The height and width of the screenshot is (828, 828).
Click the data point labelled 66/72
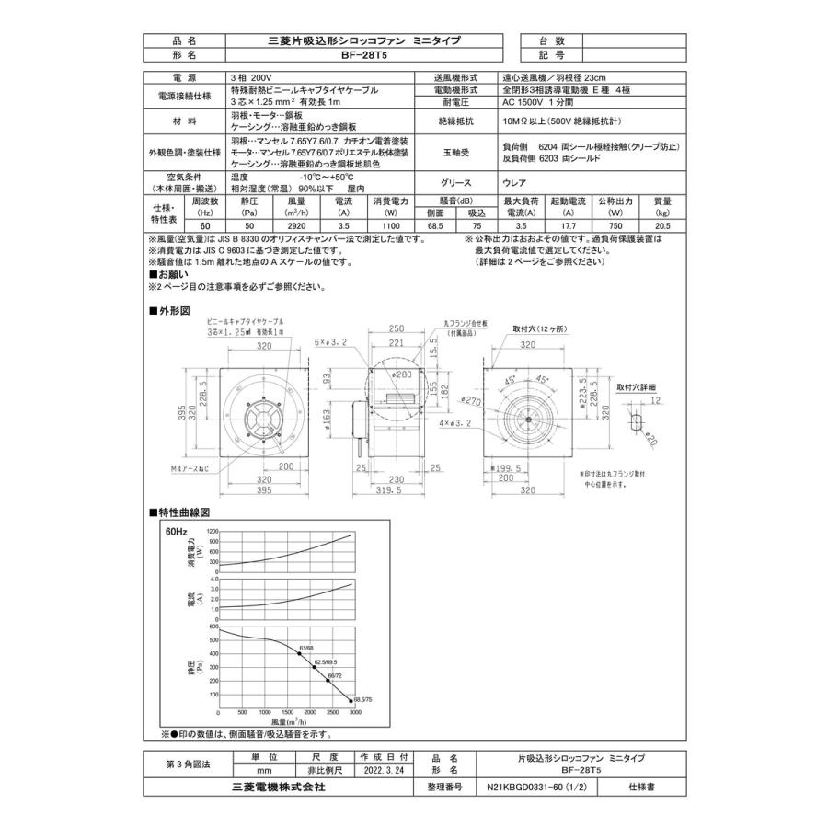328,681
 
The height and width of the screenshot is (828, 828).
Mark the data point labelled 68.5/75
354,705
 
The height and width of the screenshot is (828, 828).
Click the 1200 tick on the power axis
213,533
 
